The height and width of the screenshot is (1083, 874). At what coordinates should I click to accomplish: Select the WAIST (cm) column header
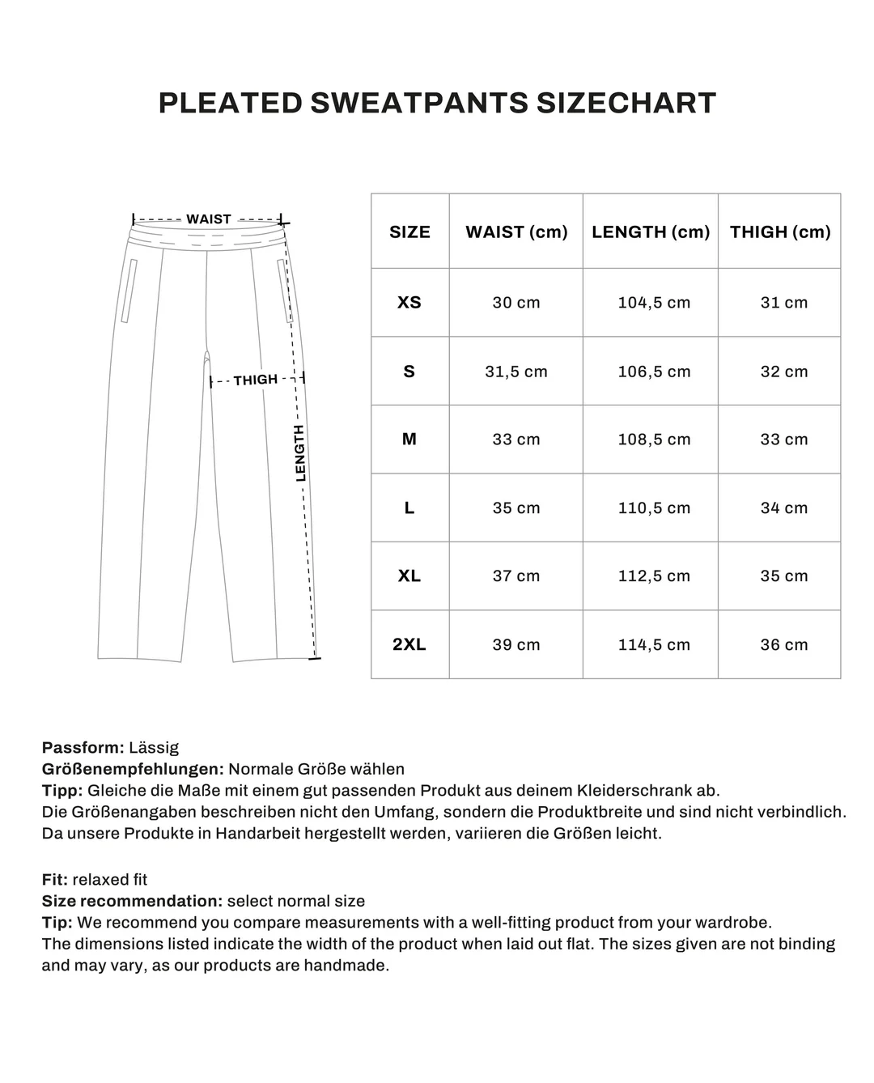pos(516,232)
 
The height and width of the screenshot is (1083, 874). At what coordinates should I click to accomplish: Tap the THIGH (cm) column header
pos(780,232)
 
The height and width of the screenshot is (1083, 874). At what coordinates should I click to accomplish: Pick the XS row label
pos(409,303)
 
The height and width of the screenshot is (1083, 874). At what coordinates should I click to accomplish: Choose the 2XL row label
pos(409,645)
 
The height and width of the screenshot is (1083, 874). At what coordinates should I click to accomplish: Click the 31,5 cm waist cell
pos(516,372)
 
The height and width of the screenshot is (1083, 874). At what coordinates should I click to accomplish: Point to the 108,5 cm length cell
pos(654,440)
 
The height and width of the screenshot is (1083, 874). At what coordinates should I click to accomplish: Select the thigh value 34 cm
pos(783,508)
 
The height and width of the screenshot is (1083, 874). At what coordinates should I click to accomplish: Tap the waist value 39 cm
pos(516,645)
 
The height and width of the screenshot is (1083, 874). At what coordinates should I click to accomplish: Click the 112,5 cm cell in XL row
pos(654,576)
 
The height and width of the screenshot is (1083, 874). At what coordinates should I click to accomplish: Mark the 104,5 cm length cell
pos(654,303)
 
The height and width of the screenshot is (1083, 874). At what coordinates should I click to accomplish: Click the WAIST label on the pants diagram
pos(209,219)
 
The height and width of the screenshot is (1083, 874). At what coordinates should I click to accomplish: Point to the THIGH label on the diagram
pos(256,380)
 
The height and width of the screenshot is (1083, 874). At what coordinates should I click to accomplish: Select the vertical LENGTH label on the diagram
pos(300,453)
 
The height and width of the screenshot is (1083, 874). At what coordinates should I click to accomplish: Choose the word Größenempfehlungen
pos(132,769)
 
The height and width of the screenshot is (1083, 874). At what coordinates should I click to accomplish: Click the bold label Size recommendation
pos(131,901)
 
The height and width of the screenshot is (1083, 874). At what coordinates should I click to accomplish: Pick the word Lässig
pos(154,747)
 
